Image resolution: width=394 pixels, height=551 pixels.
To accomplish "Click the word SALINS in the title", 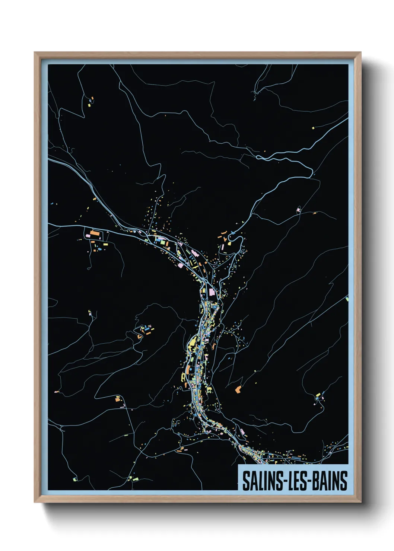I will click(263, 481).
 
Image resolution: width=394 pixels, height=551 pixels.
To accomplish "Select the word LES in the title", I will click(296, 481).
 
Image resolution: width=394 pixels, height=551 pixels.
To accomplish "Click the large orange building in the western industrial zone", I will click(95, 234).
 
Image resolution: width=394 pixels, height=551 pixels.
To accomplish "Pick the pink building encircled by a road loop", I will click(298, 210).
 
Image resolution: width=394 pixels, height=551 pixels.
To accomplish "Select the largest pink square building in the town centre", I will click(212, 292).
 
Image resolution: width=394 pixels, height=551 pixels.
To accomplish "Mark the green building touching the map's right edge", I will click(347, 299).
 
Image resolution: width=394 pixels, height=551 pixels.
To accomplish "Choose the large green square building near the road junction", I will click(163, 242).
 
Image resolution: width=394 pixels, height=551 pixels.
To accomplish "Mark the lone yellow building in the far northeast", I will click(313, 128).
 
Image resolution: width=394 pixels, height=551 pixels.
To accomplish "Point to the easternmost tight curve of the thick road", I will click(311, 171).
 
